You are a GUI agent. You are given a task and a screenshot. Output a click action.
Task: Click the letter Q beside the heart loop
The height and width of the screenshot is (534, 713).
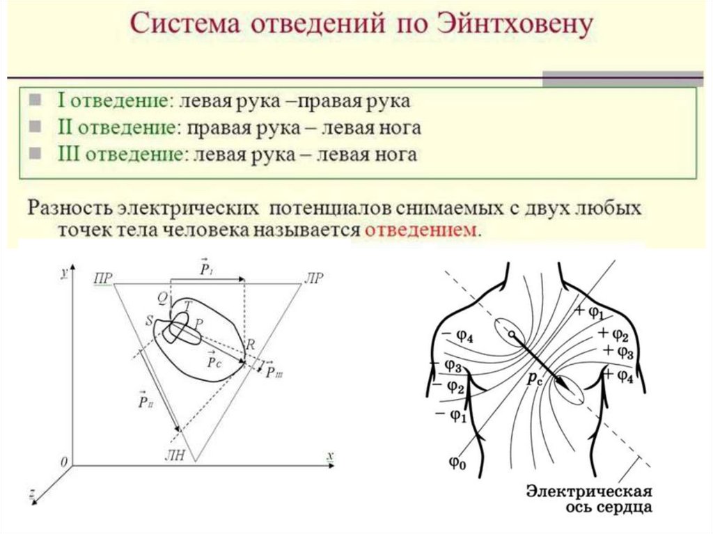[162, 298]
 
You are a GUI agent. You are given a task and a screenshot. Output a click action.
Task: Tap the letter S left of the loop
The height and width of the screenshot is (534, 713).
[148, 321]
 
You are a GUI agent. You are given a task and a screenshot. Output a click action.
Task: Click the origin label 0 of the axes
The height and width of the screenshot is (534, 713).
[63, 462]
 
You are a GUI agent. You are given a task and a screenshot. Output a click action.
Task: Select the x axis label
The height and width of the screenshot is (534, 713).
[331, 455]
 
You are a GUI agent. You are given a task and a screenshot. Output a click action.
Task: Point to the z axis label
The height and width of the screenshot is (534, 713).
[33, 495]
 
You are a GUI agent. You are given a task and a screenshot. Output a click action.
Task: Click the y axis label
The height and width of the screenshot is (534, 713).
[63, 274]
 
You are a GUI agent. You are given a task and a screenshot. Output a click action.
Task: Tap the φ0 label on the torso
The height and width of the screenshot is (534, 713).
[456, 462]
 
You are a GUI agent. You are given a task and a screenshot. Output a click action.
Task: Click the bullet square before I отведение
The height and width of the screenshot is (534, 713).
[34, 100]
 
